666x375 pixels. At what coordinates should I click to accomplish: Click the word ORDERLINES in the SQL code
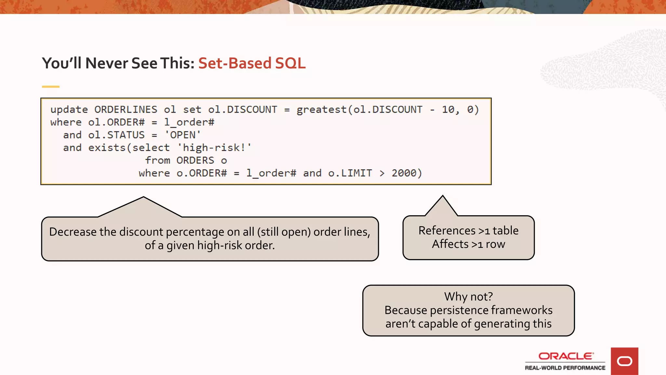(x=126, y=110)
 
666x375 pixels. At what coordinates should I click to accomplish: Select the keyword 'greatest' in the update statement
(x=321, y=110)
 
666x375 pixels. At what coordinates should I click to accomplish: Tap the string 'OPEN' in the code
(x=183, y=135)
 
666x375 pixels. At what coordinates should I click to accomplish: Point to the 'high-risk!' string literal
(x=214, y=148)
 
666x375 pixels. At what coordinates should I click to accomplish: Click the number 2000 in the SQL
(x=404, y=173)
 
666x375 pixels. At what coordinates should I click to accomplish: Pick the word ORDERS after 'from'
(x=195, y=160)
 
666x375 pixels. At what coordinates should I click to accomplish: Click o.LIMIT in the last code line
(x=350, y=173)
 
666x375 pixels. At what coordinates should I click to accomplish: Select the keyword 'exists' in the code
(x=107, y=148)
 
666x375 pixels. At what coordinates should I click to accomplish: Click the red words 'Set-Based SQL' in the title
(x=252, y=63)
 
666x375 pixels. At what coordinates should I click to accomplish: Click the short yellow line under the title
(x=51, y=87)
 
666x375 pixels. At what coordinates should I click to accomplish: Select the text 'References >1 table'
(x=468, y=230)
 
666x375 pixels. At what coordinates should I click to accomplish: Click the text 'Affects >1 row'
(x=468, y=244)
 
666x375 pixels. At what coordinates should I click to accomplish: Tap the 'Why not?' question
(x=468, y=297)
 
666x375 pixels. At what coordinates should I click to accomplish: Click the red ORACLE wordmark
(x=566, y=356)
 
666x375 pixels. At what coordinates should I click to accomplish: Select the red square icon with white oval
(x=624, y=361)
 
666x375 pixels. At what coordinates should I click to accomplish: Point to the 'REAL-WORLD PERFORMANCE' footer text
(x=565, y=368)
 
